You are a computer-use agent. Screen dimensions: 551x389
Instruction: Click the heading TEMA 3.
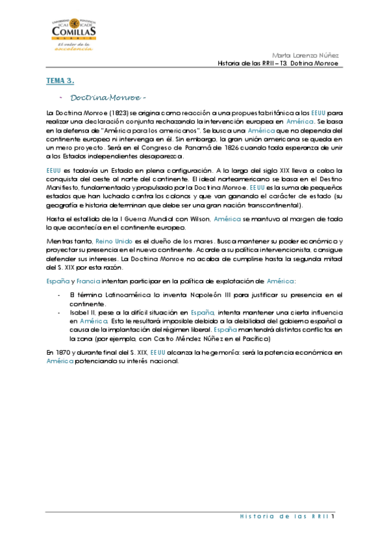(x=60, y=81)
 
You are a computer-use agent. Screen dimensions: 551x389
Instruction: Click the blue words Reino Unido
(x=114, y=241)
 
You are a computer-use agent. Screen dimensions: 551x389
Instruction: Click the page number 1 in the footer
(x=333, y=517)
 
